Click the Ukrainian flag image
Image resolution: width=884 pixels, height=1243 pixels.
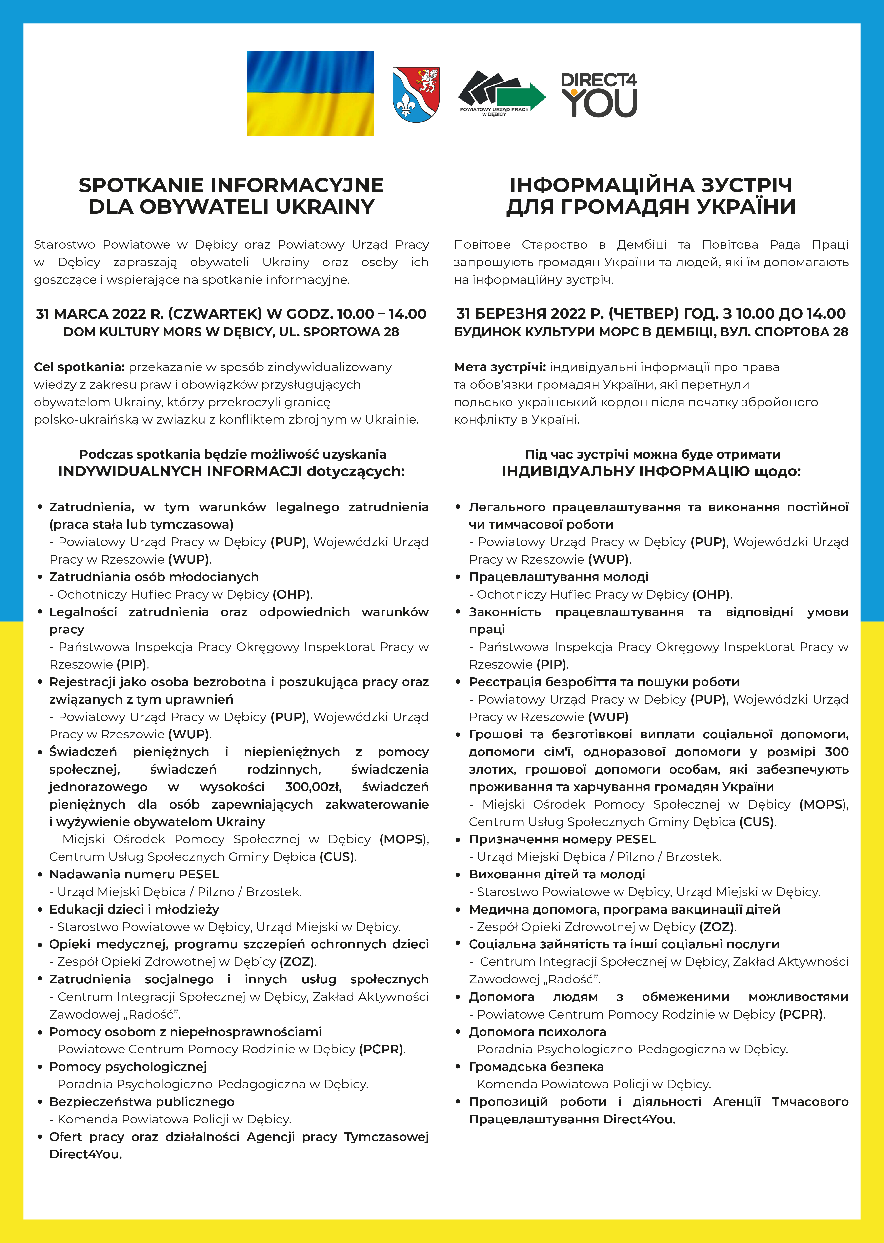click(x=310, y=93)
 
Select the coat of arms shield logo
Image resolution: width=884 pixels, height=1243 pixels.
click(x=416, y=95)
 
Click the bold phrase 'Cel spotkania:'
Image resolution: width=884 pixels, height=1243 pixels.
click(x=80, y=367)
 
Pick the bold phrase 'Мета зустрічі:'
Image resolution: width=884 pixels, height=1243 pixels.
click(x=499, y=367)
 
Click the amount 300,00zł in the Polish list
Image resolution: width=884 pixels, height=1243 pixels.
click(x=312, y=787)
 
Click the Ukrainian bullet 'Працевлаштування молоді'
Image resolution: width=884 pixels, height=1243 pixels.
click(x=559, y=577)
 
